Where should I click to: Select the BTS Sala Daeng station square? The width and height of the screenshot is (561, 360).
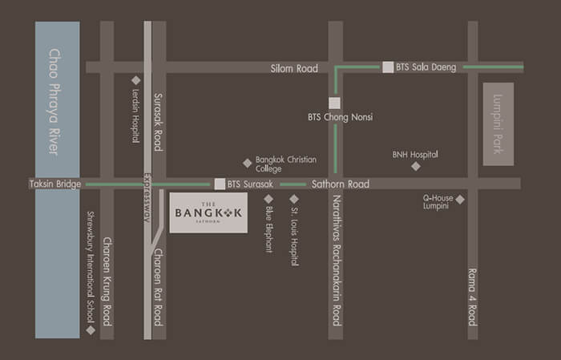coord(388,67)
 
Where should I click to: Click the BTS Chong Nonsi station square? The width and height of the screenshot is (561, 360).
coord(335,102)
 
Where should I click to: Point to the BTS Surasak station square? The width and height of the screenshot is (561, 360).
coord(219,184)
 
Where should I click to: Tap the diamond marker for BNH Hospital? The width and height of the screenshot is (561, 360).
coord(415,166)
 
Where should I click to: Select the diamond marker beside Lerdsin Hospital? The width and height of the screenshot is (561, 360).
coord(135,80)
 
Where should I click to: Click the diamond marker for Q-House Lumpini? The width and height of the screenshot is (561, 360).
coord(460,199)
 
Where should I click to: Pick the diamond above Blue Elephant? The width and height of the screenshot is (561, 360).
coord(268,198)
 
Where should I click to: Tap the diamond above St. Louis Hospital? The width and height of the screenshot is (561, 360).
coord(294,198)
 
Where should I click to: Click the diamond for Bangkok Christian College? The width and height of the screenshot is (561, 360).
coord(247,162)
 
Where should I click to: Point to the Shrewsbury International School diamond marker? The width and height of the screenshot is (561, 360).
coord(91,330)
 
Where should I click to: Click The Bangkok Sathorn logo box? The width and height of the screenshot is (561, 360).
coord(208,212)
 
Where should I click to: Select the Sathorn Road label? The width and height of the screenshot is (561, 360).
coord(341,184)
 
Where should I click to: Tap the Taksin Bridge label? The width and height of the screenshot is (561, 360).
coord(55,184)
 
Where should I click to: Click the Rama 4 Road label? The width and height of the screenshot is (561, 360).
coord(472,296)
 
